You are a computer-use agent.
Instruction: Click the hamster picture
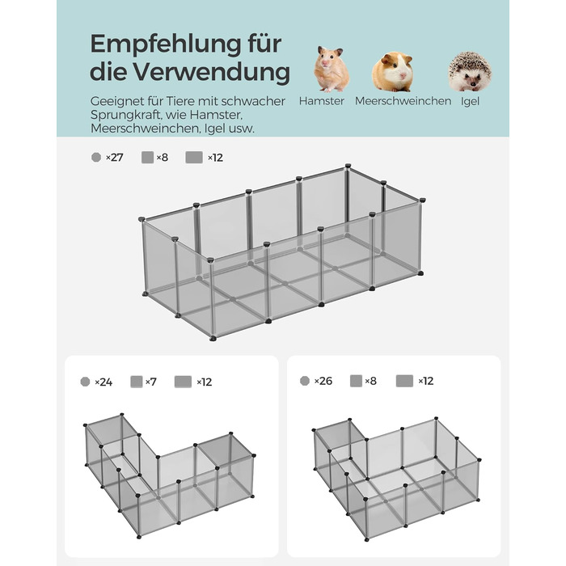(x=331, y=69)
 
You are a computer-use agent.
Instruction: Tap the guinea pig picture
(x=392, y=71)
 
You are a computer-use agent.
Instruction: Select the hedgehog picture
(x=469, y=71)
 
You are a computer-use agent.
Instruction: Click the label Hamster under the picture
(x=321, y=101)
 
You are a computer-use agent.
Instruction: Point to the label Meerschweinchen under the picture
(x=403, y=101)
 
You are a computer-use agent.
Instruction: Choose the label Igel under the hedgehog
(x=470, y=101)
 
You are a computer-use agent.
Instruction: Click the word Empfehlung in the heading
(x=166, y=44)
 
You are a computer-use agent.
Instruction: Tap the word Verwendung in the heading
(x=212, y=71)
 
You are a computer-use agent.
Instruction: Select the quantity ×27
(x=115, y=158)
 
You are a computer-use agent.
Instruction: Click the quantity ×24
(x=103, y=382)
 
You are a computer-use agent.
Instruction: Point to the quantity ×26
(x=323, y=381)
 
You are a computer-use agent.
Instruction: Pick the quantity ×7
(x=151, y=382)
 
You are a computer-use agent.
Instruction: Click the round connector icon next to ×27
(x=96, y=158)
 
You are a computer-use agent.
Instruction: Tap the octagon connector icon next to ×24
(x=85, y=382)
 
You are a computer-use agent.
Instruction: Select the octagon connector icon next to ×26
(x=305, y=381)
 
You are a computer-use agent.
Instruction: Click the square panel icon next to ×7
(x=137, y=382)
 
